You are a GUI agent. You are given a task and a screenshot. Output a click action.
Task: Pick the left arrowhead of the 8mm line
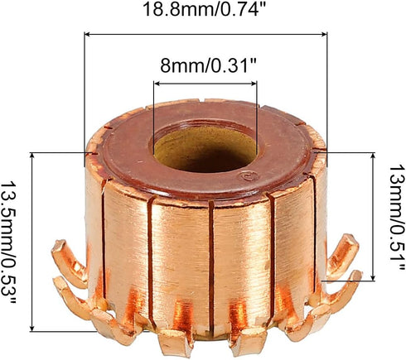pos(156,83)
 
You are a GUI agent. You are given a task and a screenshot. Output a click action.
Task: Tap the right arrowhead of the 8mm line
pos(255,83)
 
